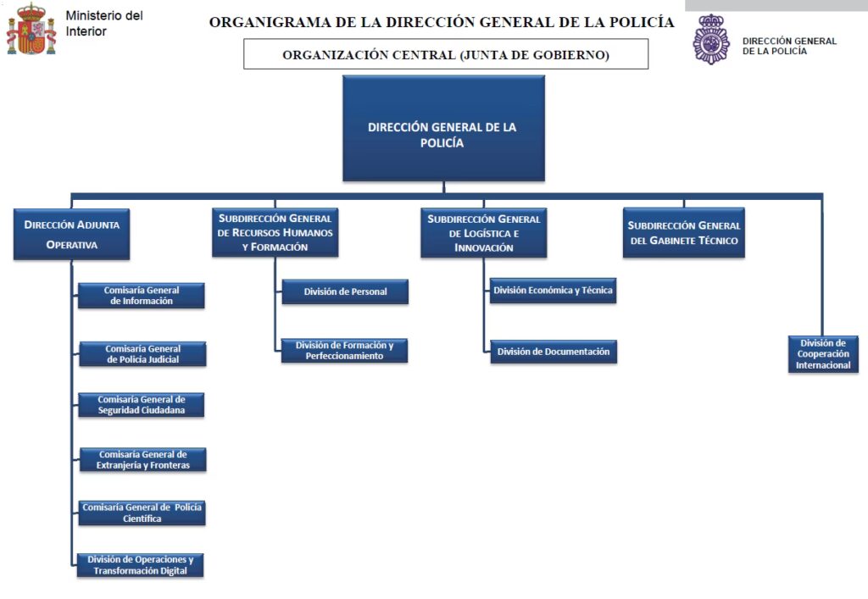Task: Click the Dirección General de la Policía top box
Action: pyautogui.click(x=442, y=128)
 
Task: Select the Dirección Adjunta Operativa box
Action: pyautogui.click(x=72, y=234)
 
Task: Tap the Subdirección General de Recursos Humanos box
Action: pyautogui.click(x=275, y=232)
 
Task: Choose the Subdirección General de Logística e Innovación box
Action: pyautogui.click(x=484, y=232)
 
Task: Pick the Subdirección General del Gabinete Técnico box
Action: pyautogui.click(x=684, y=232)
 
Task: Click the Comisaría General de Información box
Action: pyautogui.click(x=142, y=296)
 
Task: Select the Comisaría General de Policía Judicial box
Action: pyautogui.click(x=142, y=354)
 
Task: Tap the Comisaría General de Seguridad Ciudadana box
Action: pyautogui.click(x=142, y=405)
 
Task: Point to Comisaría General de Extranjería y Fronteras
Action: pyautogui.click(x=142, y=460)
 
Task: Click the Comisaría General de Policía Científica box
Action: pyautogui.click(x=142, y=513)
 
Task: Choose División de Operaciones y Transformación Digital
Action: pyautogui.click(x=141, y=565)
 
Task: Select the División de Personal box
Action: pyautogui.click(x=345, y=291)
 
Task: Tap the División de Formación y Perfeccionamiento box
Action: pyautogui.click(x=344, y=351)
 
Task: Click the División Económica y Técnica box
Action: pyautogui.click(x=553, y=291)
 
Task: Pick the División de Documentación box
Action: pyautogui.click(x=553, y=352)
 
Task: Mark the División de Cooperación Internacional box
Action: pyautogui.click(x=823, y=354)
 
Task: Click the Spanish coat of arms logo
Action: pyautogui.click(x=31, y=30)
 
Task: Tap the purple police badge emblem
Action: pyautogui.click(x=710, y=39)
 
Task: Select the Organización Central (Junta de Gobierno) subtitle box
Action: pyautogui.click(x=446, y=54)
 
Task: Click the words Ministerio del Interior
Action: pyautogui.click(x=103, y=24)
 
